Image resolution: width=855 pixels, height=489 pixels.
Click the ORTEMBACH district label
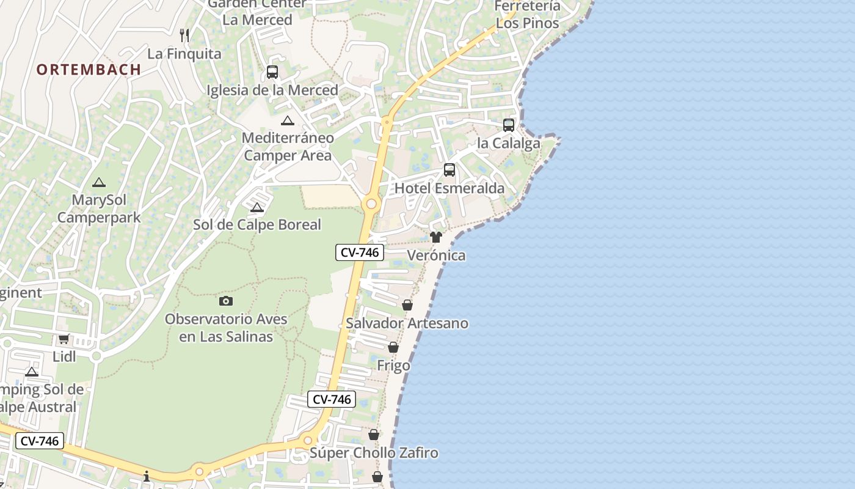(89, 70)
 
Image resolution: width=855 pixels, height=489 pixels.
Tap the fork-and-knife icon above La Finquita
(184, 35)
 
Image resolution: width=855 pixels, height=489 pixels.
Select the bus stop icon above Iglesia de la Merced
(272, 72)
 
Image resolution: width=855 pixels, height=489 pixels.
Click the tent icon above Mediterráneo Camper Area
(287, 120)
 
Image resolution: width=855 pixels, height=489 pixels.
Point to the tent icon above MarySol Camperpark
(99, 182)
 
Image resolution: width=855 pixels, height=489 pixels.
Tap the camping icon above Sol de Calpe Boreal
(257, 207)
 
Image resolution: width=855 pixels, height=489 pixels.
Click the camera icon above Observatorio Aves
(226, 301)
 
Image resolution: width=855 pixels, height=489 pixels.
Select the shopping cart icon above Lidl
(64, 339)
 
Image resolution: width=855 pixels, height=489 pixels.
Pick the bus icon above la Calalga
(509, 125)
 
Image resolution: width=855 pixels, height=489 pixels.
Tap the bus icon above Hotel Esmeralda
(449, 170)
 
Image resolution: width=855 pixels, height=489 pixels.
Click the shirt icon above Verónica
(436, 237)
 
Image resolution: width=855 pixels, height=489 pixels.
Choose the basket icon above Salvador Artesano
(407, 305)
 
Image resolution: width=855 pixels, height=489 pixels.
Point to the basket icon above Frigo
(393, 347)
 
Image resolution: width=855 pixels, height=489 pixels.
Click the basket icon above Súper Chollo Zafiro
(374, 435)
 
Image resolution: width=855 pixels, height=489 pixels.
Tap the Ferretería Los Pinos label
(528, 15)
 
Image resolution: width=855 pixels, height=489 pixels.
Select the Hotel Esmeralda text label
(449, 188)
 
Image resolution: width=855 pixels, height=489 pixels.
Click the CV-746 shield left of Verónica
(360, 252)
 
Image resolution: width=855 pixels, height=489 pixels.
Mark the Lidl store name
(64, 356)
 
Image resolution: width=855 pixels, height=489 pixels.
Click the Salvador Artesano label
(407, 323)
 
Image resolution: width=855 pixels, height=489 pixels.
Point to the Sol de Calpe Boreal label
(257, 225)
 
